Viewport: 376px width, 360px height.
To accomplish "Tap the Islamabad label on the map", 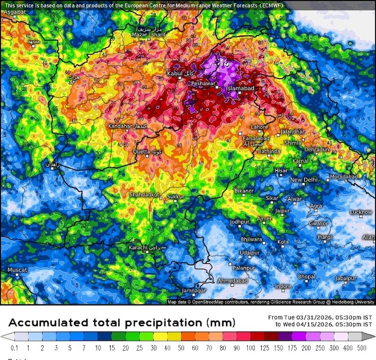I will [241, 89].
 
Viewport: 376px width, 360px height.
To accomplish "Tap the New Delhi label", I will [304, 179].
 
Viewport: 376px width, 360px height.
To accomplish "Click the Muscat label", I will [17, 270].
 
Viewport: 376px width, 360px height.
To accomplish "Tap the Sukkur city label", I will [175, 197].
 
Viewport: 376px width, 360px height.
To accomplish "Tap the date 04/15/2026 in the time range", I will [309, 324].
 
